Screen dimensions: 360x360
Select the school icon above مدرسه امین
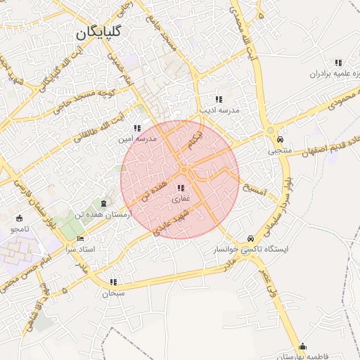coord(136,128)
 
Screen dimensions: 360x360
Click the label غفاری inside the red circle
coord(181,200)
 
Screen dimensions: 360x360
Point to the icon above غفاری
coord(181,188)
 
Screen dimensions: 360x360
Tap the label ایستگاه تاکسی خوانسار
coord(252,249)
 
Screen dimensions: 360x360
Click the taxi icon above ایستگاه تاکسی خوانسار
coord(252,237)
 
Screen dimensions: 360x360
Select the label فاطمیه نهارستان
coord(302,356)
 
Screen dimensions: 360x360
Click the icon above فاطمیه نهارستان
coord(303,345)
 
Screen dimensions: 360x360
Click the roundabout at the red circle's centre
coord(184,170)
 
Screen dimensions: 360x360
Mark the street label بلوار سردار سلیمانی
coord(284,205)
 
